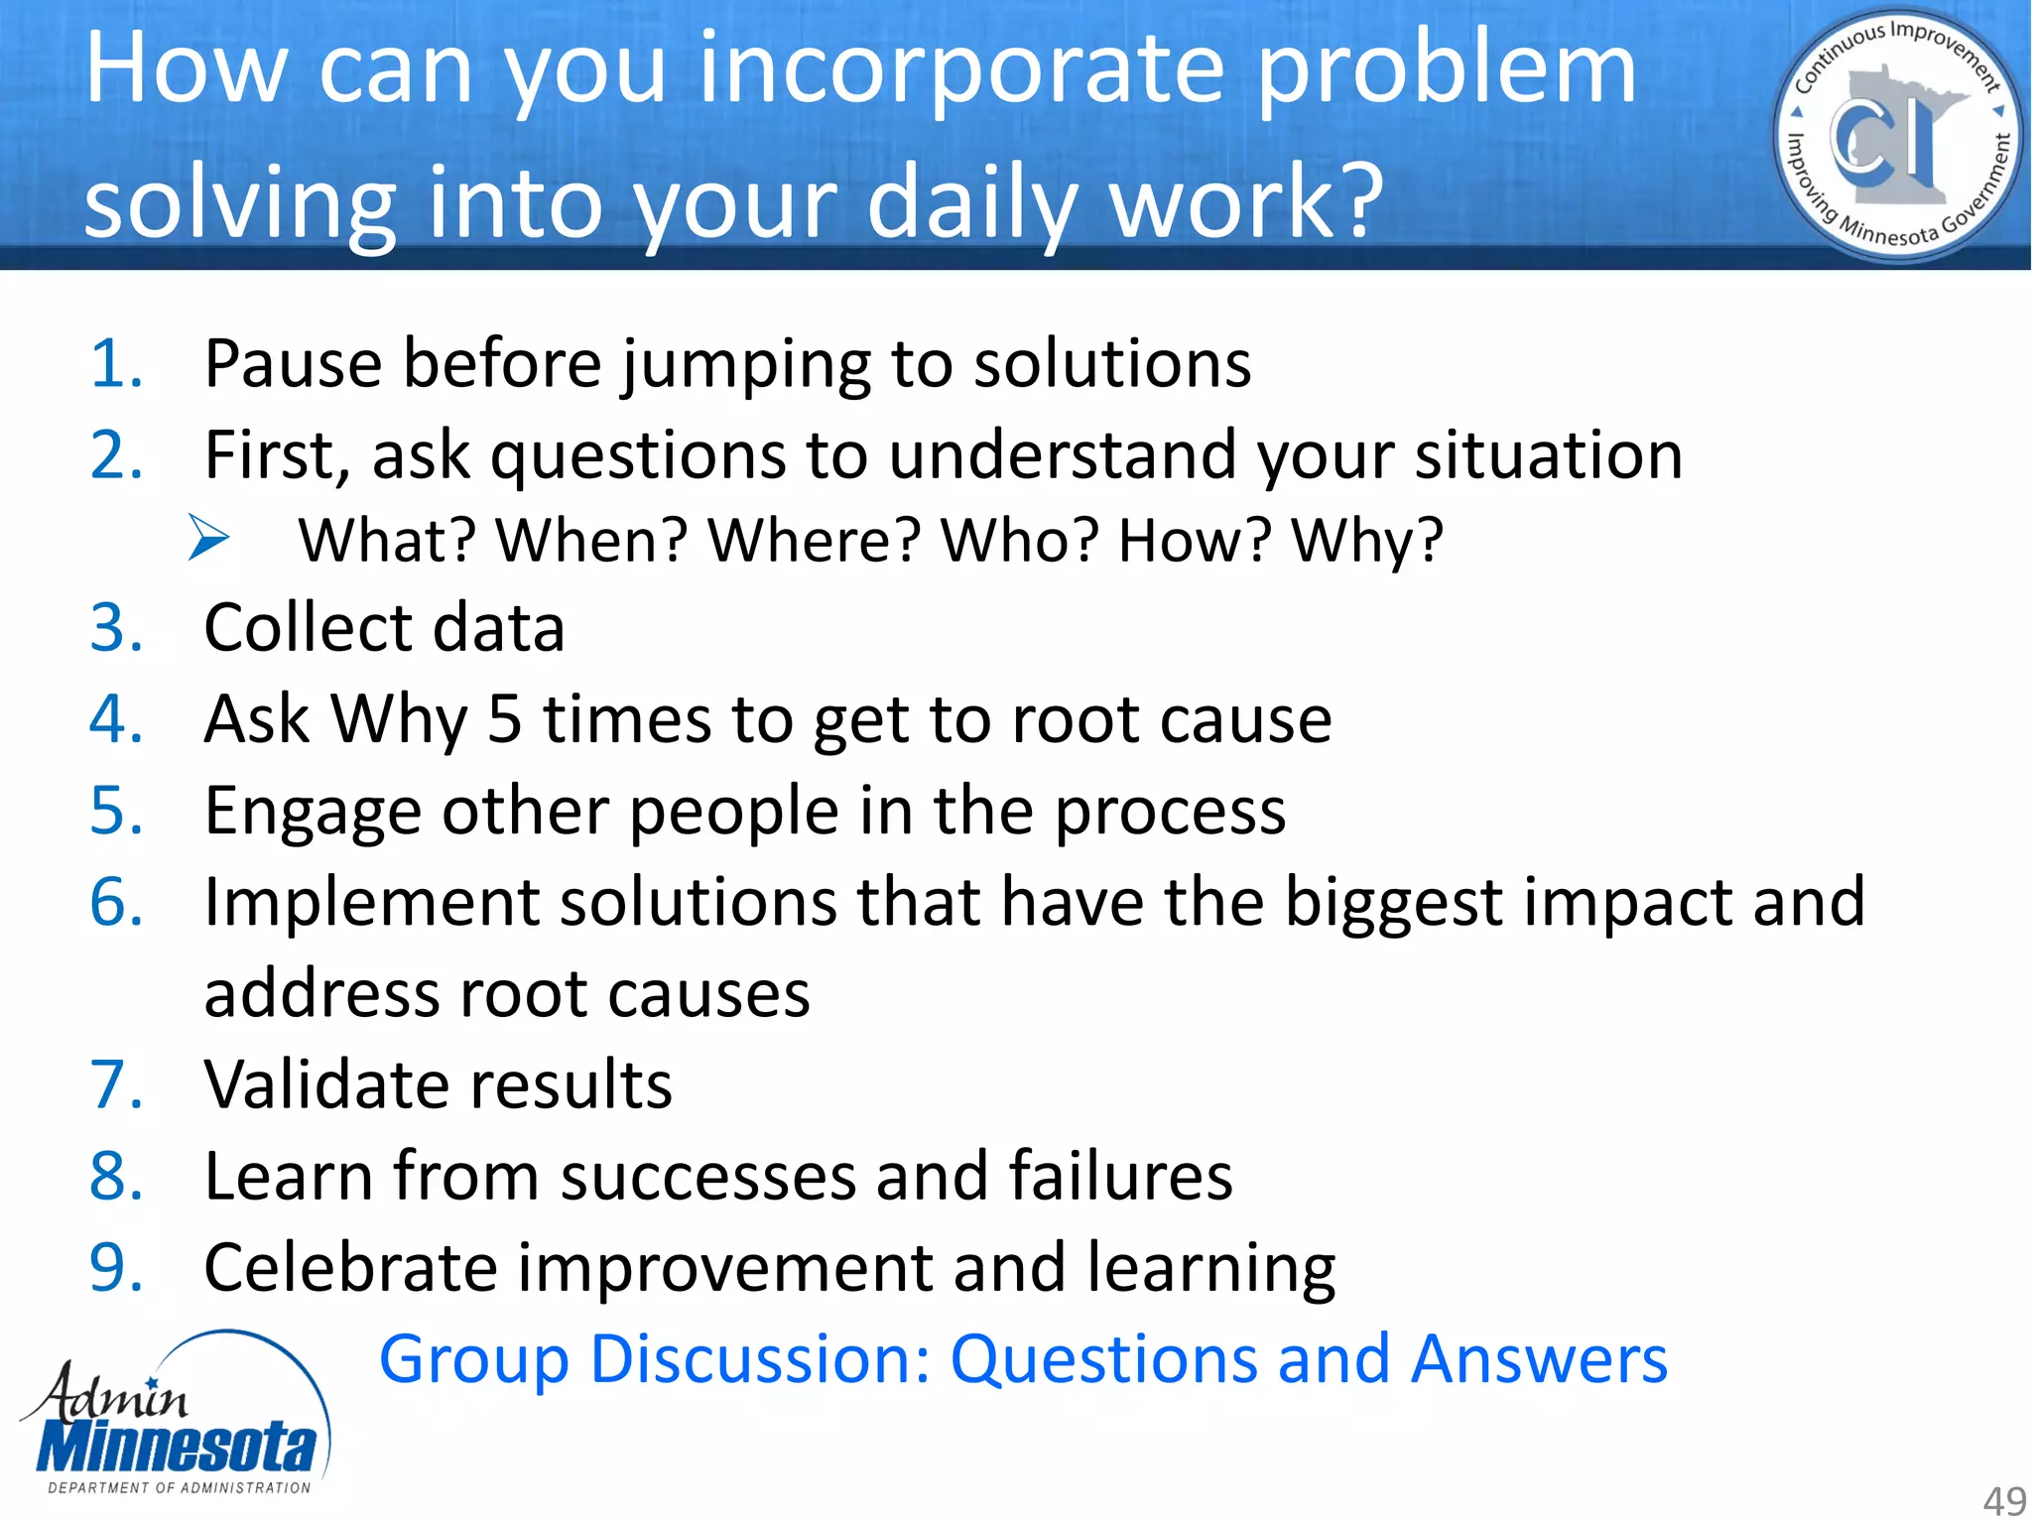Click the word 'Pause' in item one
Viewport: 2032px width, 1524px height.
click(x=293, y=363)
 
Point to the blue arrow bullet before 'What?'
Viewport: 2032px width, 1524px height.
click(x=208, y=539)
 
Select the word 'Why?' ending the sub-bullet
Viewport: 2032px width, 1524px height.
click(x=1366, y=541)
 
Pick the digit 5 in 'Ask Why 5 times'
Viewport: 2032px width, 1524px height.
click(x=504, y=719)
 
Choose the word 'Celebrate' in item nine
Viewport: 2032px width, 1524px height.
click(x=350, y=1268)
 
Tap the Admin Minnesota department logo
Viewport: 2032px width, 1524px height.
click(x=177, y=1414)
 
